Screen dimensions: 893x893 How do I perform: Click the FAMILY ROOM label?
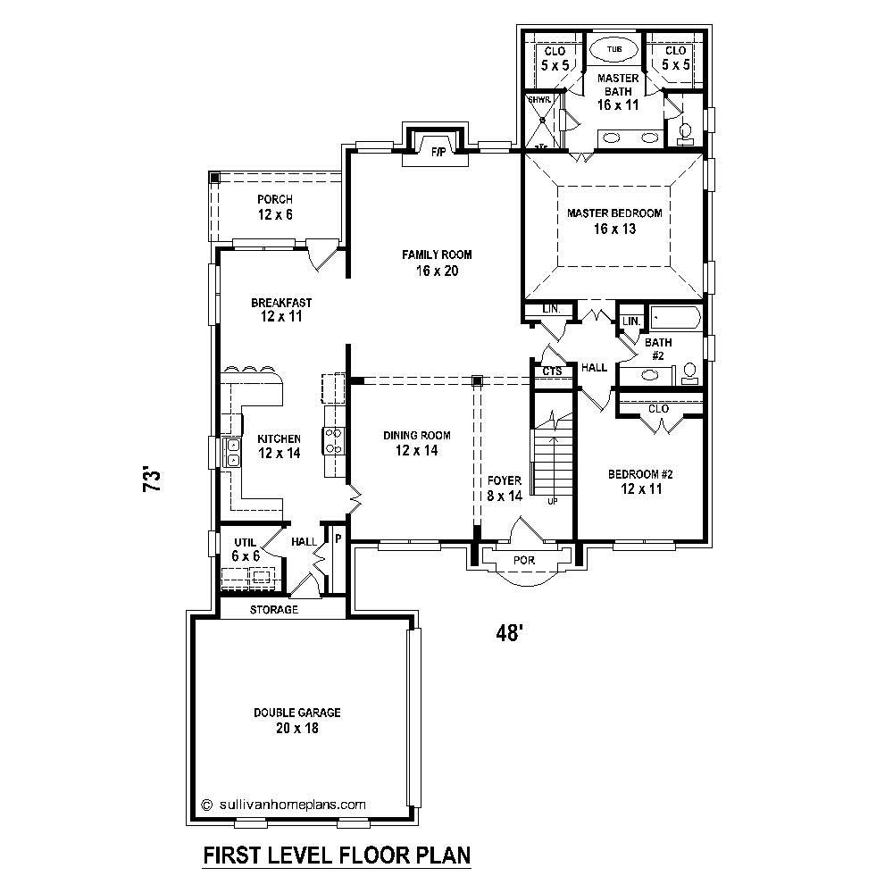click(x=437, y=255)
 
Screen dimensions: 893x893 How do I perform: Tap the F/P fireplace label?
click(x=438, y=152)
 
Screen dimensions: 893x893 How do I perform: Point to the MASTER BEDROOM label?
click(x=614, y=213)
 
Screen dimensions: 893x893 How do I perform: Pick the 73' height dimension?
click(x=153, y=480)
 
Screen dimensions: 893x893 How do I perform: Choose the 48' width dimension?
click(x=508, y=633)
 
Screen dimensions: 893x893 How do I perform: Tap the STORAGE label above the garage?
click(x=273, y=610)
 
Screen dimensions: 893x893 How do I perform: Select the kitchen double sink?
click(x=233, y=453)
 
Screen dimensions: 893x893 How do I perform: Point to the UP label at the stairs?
click(x=552, y=502)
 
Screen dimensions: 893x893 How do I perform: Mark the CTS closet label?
click(x=552, y=371)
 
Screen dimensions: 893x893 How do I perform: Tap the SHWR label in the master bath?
click(x=537, y=99)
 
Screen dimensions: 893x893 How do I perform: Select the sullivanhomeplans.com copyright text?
click(x=284, y=804)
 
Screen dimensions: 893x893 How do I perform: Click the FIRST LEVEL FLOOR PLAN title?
click(x=337, y=856)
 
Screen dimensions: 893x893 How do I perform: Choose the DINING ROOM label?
click(x=417, y=436)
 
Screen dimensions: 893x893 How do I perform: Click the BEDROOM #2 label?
click(x=640, y=474)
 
